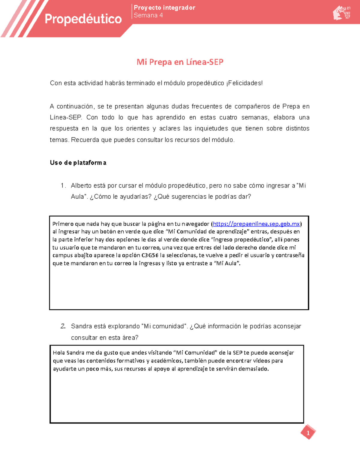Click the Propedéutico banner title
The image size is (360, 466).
tap(83, 19)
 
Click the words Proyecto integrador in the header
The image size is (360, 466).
tap(164, 8)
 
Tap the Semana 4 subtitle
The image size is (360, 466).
tap(148, 16)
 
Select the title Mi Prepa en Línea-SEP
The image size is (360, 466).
tap(180, 62)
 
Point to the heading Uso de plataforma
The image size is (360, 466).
tap(78, 163)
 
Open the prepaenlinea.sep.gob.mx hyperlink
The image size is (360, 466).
tap(256, 224)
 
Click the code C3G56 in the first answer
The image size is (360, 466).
tap(150, 255)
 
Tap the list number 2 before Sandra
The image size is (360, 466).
tap(63, 326)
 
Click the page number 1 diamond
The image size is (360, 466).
tap(308, 433)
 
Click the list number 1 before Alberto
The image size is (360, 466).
tap(63, 186)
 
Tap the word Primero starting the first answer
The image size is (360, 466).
tap(63, 224)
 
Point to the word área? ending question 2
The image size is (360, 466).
tap(130, 338)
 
